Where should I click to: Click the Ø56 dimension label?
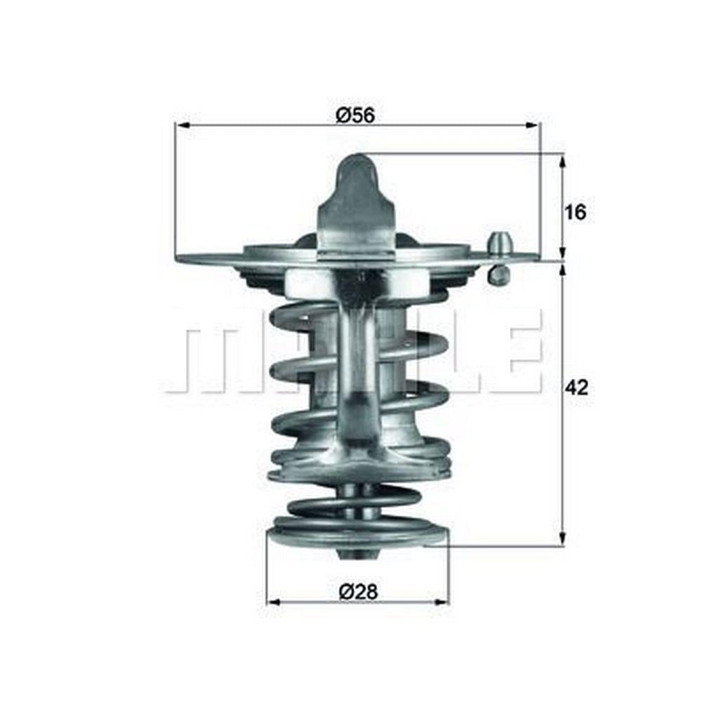pos(355,116)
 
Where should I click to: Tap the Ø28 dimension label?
pos(358,592)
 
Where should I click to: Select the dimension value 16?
pos(575,212)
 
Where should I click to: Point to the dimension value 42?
pos(576,388)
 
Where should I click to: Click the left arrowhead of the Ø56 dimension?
pos(183,126)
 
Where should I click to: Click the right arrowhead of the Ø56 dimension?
pos(532,126)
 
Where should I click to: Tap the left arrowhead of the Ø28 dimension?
pos(274,602)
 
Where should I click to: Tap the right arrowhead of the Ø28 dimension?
pos(441,602)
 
